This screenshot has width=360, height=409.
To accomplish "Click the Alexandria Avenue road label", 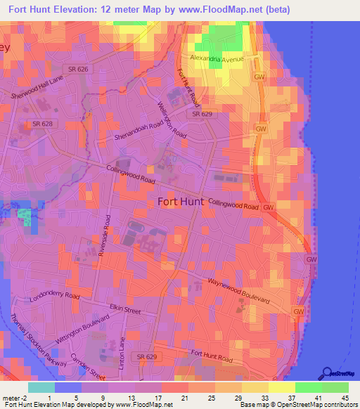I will pyautogui.click(x=217, y=59).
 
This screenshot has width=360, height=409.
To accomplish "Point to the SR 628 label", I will pyautogui.click(x=42, y=124).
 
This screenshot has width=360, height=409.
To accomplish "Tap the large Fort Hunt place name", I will pyautogui.click(x=181, y=201).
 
